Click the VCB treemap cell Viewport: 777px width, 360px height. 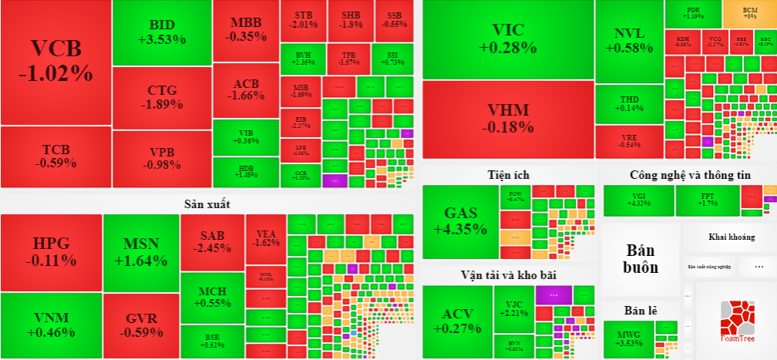tap(55, 62)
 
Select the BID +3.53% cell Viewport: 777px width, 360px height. tap(162, 32)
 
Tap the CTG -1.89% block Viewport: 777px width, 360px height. tap(162, 98)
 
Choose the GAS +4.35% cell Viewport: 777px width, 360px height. tap(460, 221)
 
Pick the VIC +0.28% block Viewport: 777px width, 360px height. tap(508, 39)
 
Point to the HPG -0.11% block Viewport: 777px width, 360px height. tap(51, 252)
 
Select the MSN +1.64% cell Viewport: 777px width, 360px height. tap(140, 252)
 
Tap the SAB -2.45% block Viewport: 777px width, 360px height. tap(212, 241)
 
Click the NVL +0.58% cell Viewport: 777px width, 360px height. tap(629, 41)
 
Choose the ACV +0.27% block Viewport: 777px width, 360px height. tap(456, 321)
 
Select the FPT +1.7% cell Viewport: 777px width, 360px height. tap(708, 200)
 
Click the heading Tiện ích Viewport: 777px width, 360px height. tap(508, 175)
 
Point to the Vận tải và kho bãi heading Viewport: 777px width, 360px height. tap(508, 274)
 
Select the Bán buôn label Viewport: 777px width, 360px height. tap(641, 259)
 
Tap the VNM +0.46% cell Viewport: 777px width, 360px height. tap(51, 325)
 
